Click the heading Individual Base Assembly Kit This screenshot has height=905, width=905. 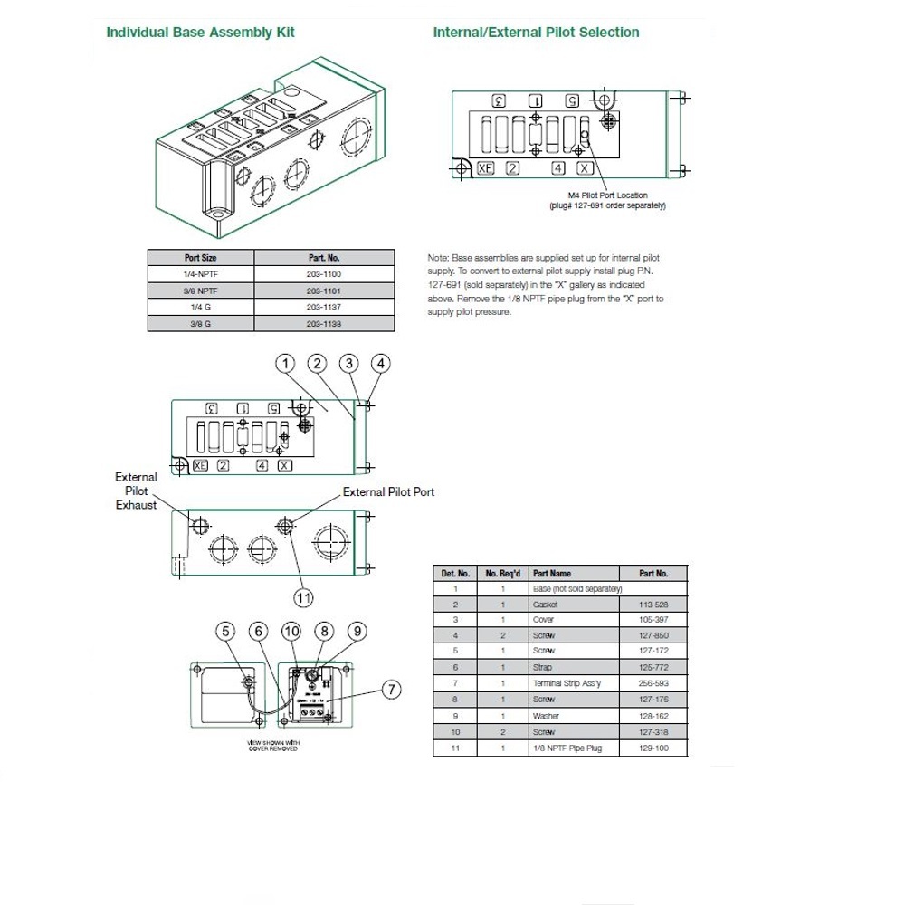click(x=200, y=33)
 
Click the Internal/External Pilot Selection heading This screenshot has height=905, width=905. click(x=536, y=33)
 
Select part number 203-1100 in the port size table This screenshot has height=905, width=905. click(x=325, y=273)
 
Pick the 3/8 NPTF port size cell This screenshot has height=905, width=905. click(x=201, y=291)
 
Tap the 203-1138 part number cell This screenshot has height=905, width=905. click(x=325, y=323)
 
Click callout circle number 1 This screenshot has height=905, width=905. click(x=285, y=364)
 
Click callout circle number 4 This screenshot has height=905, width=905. click(x=381, y=364)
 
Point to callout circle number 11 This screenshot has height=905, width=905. click(x=303, y=596)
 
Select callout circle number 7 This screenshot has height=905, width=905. click(x=391, y=691)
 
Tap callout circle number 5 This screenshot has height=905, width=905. click(x=226, y=631)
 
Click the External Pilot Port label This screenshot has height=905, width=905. click(x=388, y=491)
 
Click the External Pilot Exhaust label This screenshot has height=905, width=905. click(x=136, y=491)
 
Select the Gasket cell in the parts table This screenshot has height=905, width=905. click(x=546, y=604)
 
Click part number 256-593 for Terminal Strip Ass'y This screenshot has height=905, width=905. click(x=653, y=683)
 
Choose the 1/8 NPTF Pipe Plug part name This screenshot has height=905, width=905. click(x=567, y=748)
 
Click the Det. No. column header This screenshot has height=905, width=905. click(x=455, y=573)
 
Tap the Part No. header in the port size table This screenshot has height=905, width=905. click(x=325, y=257)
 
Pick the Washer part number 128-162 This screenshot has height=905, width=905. click(x=653, y=715)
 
